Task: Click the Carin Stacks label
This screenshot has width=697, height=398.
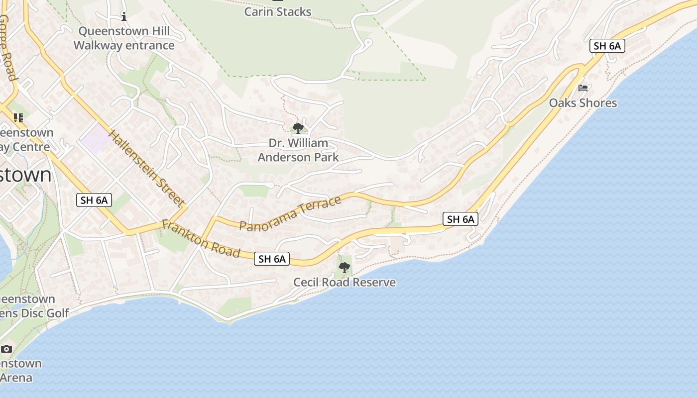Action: click(x=277, y=11)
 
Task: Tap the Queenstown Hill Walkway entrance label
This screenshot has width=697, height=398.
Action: click(x=124, y=38)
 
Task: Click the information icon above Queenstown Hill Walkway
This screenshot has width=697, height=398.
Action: click(x=124, y=17)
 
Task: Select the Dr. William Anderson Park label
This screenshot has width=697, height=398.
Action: click(x=298, y=150)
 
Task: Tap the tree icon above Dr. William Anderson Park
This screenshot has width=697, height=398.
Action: click(x=298, y=128)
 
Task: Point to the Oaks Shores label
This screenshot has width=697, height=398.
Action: click(x=583, y=103)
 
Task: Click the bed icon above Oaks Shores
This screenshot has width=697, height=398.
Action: click(x=583, y=88)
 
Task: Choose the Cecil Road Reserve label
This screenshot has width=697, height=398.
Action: click(x=345, y=283)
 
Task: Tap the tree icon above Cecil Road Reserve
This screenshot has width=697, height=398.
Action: click(x=344, y=268)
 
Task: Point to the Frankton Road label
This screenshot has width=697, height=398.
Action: click(x=201, y=239)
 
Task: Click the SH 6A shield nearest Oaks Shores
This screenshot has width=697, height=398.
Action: click(x=607, y=46)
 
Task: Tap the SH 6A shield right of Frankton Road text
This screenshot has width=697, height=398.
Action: click(x=272, y=259)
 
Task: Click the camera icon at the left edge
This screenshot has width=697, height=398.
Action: click(x=6, y=349)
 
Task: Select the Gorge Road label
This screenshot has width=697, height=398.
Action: click(x=7, y=47)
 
